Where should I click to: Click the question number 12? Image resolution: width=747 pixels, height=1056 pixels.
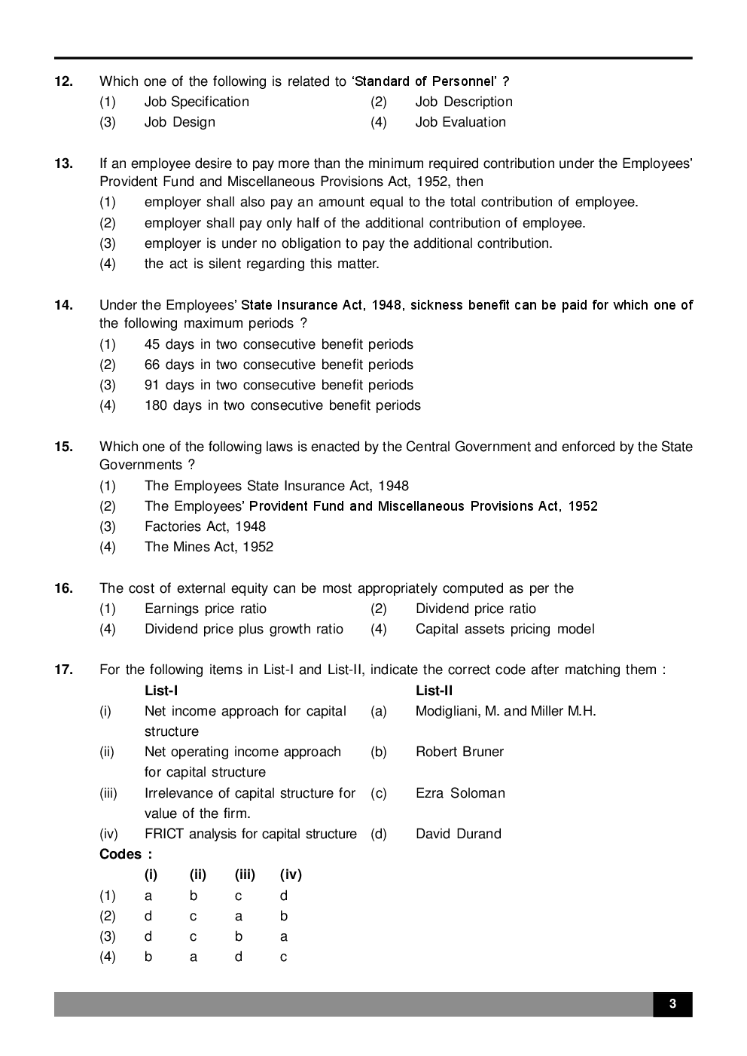pos(63,81)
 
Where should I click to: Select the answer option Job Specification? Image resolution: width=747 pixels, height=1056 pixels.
pos(197,102)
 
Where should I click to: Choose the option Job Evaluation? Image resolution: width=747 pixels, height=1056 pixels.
pos(460,122)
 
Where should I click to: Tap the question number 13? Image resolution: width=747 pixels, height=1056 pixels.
pos(63,163)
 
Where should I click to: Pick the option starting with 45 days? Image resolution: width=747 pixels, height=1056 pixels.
pos(279,344)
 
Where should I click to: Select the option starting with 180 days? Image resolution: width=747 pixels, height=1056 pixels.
pos(282,405)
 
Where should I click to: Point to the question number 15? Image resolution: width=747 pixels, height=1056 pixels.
pos(63,447)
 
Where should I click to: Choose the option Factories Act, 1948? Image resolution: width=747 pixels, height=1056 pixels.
pos(205,526)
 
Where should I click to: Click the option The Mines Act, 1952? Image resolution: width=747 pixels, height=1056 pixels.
pos(209,547)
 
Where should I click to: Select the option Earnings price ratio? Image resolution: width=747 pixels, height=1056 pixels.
pos(205,609)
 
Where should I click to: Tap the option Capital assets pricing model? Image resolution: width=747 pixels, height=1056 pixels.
pos(505,629)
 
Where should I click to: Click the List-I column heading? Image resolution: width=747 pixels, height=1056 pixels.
pos(161,691)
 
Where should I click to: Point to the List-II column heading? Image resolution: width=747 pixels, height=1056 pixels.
pos(434,691)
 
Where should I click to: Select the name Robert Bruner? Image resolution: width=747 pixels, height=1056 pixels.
pos(459,752)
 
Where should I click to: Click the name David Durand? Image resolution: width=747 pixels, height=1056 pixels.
pos(458,834)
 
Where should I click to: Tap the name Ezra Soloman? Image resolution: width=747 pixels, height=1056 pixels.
pos(460,793)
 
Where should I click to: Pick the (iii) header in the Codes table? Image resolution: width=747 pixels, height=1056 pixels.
pos(245,874)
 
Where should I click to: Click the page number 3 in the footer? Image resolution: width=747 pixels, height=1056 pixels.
pos(672,1004)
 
